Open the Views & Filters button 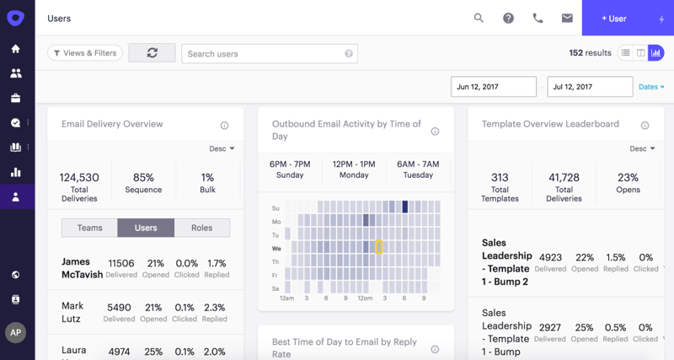click(85, 53)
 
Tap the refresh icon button click(152, 53)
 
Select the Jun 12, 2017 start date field click(494, 87)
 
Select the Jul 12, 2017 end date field click(590, 87)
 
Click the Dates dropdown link click(651, 87)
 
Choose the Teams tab click(89, 228)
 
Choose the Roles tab click(202, 228)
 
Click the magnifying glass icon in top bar click(479, 18)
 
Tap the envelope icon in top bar click(567, 18)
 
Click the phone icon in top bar click(538, 18)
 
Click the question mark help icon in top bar click(508, 18)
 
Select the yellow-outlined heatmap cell click(379, 247)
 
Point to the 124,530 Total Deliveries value click(79, 178)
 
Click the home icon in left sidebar click(15, 49)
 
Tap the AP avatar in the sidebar click(16, 332)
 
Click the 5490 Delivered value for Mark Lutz click(119, 308)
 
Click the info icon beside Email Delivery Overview click(224, 126)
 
